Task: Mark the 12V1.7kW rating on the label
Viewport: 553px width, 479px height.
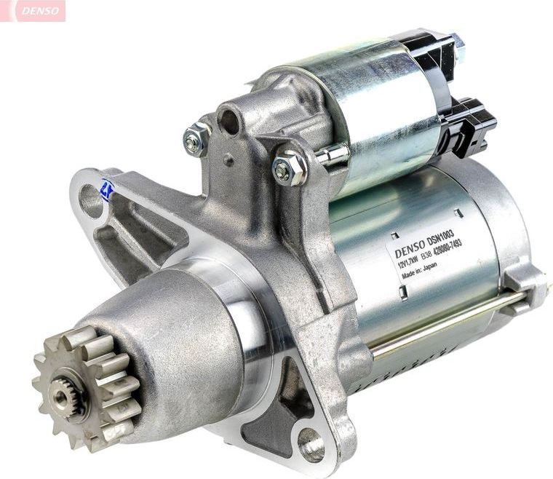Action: pyautogui.click(x=412, y=263)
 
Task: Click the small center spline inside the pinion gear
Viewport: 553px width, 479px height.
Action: pyautogui.click(x=60, y=395)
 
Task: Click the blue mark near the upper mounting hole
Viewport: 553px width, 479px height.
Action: pyautogui.click(x=108, y=191)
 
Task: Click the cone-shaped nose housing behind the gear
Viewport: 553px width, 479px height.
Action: pyautogui.click(x=175, y=342)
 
